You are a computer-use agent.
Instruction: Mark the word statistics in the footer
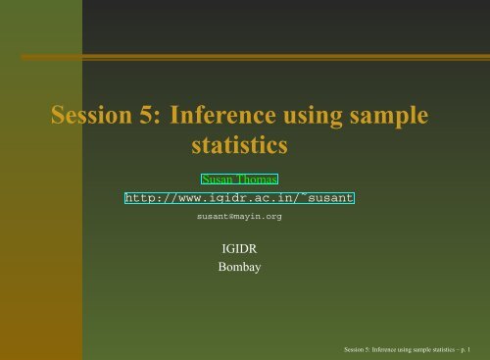(x=438, y=349)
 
